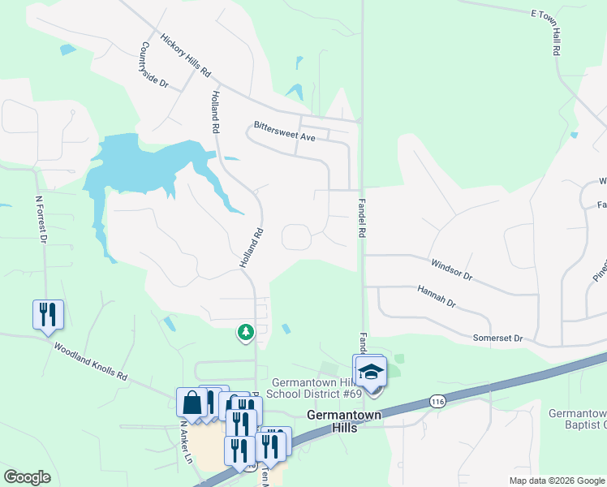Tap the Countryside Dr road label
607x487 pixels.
154,66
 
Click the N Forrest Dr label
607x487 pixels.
41,218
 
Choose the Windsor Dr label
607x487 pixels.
451,269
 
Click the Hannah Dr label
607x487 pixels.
437,295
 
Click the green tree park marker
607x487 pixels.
245,332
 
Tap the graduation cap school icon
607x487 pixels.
371,372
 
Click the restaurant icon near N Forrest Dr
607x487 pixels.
48,313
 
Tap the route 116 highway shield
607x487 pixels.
438,401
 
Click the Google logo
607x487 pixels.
27,477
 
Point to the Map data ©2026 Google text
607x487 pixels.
556,481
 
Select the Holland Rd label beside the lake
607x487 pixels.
216,113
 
